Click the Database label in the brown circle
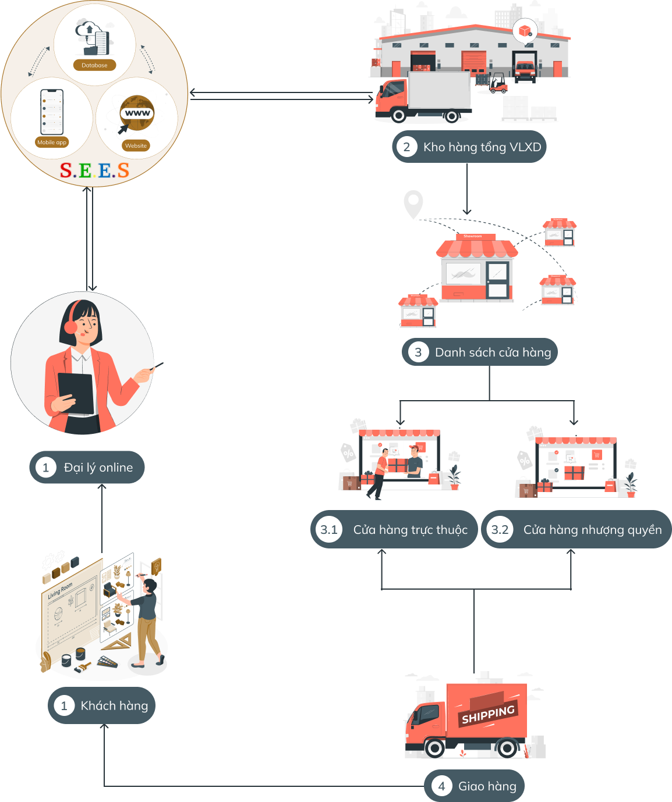94,65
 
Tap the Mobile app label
52,142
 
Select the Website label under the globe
136,145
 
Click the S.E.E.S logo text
94,170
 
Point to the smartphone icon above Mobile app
52,112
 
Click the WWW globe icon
137,112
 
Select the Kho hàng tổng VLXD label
482,147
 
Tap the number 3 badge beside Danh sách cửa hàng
418,352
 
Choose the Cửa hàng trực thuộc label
410,530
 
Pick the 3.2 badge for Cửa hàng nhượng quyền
500,530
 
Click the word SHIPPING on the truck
488,715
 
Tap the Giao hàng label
487,786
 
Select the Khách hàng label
114,706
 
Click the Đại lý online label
98,468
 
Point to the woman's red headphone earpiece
70,326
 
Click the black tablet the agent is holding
76,393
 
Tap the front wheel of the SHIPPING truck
434,747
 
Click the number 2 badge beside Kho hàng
406,147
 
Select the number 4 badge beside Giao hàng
441,786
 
